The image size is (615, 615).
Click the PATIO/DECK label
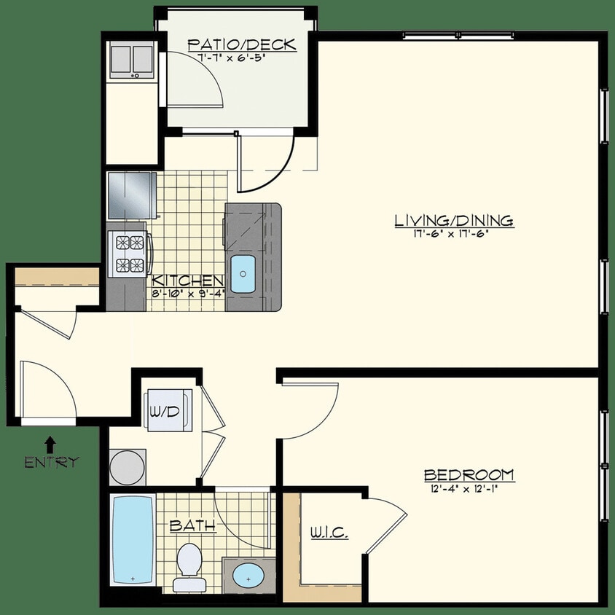coord(241,44)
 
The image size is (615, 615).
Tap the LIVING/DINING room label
coord(454,220)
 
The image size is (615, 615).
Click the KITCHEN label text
coord(187,281)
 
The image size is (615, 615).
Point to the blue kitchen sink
coord(243,273)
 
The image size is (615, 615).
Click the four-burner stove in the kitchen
coord(129,253)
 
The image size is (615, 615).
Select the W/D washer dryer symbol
coord(165,412)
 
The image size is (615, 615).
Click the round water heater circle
coord(128,466)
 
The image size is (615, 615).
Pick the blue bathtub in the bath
coord(133,539)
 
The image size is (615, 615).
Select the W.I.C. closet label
coord(329,533)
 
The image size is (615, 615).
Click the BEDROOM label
coord(469,475)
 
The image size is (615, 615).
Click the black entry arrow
coord(50,443)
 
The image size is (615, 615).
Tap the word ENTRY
coord(51,462)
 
